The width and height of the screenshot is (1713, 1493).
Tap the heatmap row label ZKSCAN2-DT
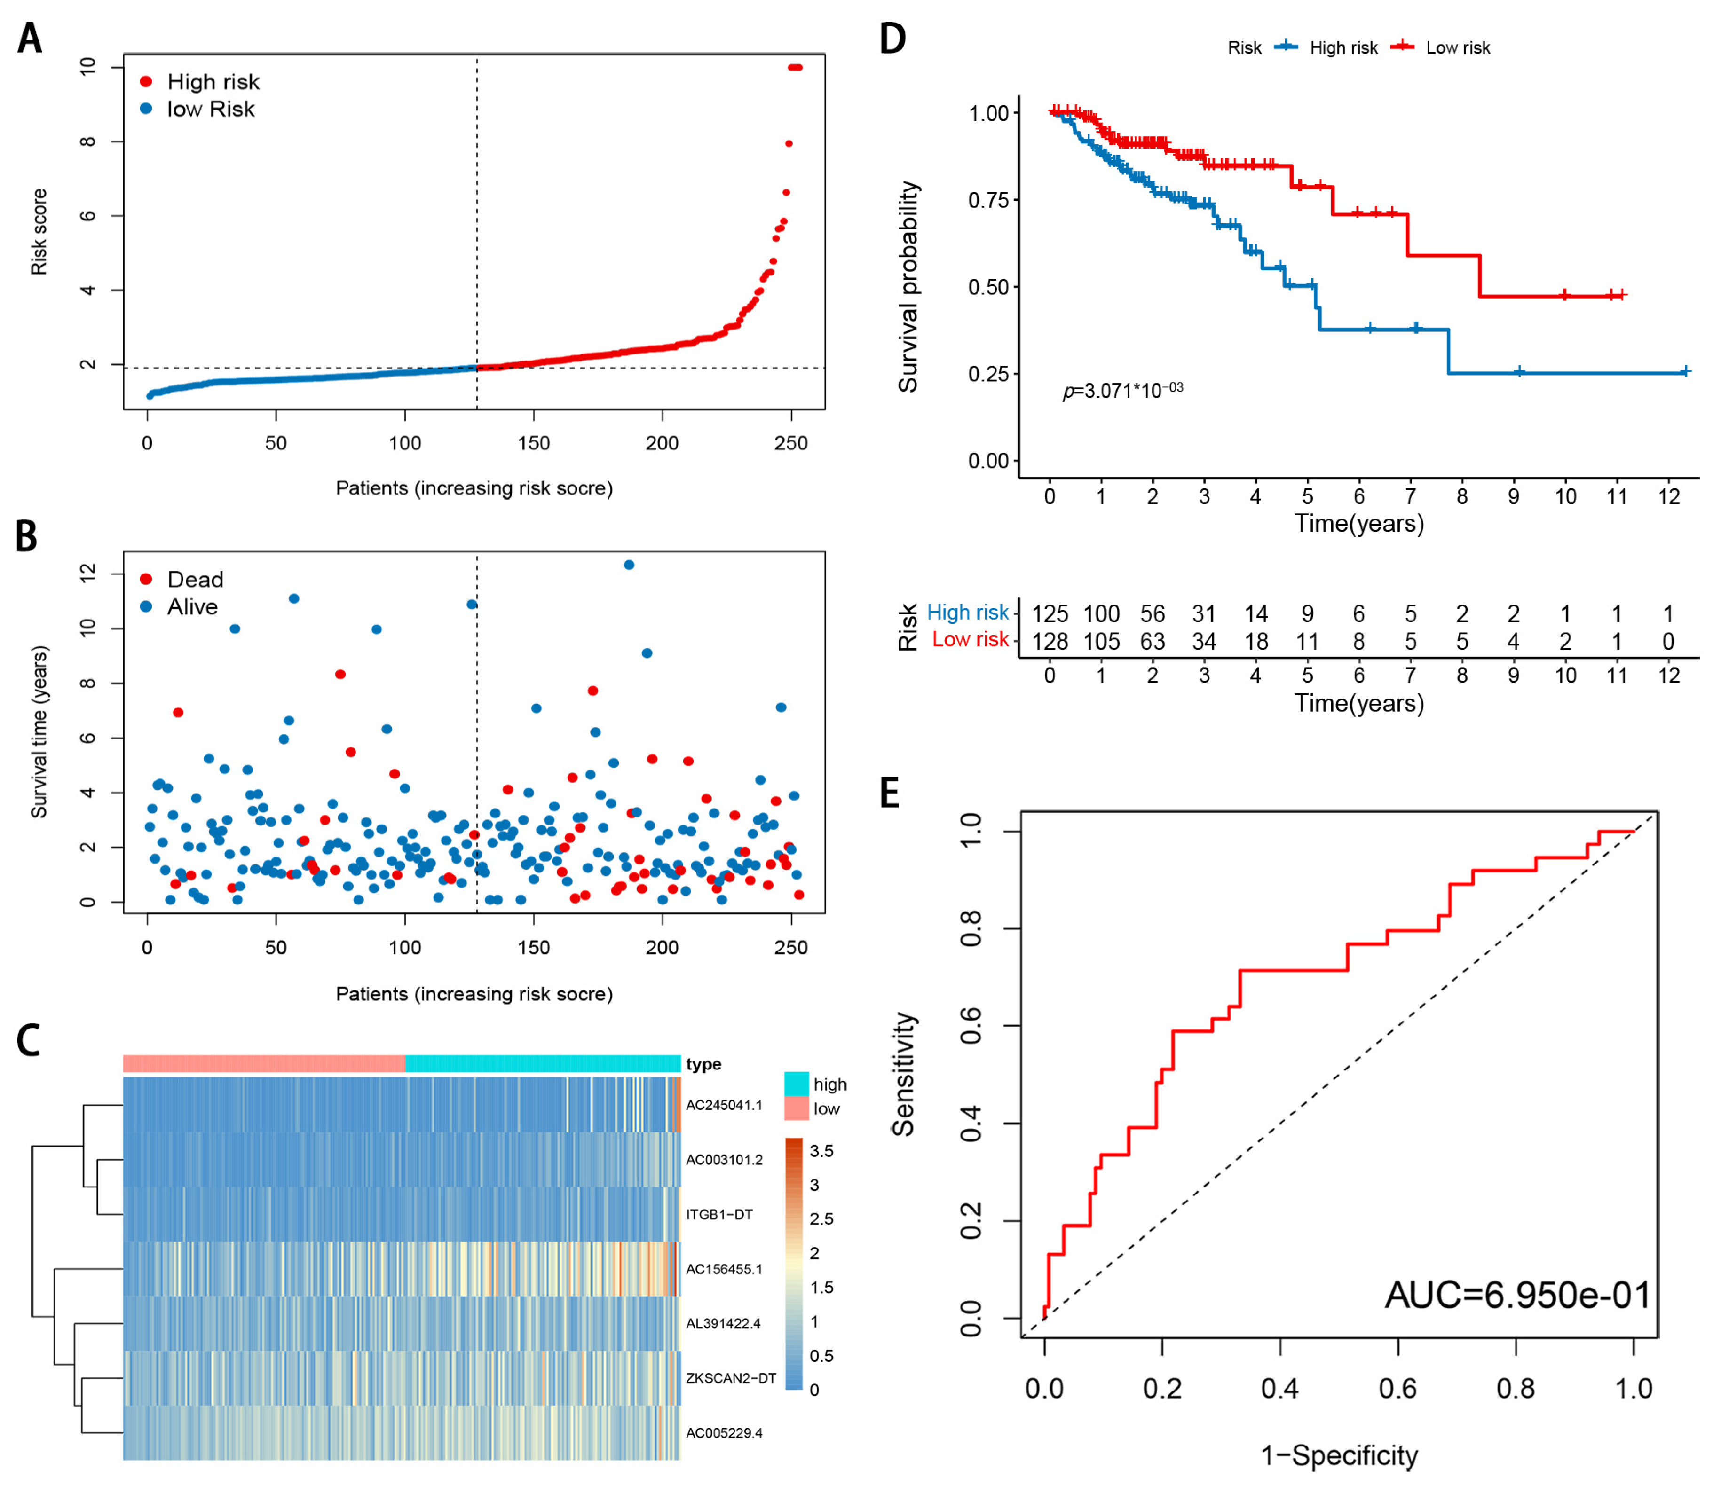pyautogui.click(x=731, y=1378)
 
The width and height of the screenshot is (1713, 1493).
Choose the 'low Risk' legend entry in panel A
pyautogui.click(x=210, y=109)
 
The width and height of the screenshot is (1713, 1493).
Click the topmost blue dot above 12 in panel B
pyautogui.click(x=629, y=565)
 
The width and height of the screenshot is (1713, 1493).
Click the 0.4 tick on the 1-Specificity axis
pyautogui.click(x=1280, y=1388)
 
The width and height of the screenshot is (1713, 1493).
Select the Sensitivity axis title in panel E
pyautogui.click(x=904, y=1074)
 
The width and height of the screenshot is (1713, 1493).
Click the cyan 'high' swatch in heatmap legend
pyautogui.click(x=797, y=1084)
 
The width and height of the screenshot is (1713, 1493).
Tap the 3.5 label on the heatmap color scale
pyautogui.click(x=821, y=1151)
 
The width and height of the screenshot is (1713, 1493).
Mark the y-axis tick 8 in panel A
pyautogui.click(x=87, y=141)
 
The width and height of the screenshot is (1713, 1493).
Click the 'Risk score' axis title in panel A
pyautogui.click(x=39, y=232)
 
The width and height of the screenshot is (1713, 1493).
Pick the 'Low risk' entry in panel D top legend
pyautogui.click(x=1457, y=47)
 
